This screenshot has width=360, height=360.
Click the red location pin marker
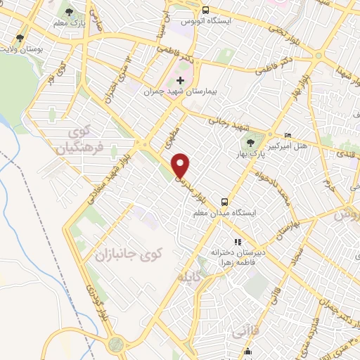tap(181, 166)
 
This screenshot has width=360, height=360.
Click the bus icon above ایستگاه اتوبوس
tap(205, 11)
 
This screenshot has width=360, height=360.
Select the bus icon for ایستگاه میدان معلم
tap(224, 201)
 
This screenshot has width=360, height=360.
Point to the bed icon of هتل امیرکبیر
tap(288, 135)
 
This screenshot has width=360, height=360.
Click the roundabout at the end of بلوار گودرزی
tap(115, 344)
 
